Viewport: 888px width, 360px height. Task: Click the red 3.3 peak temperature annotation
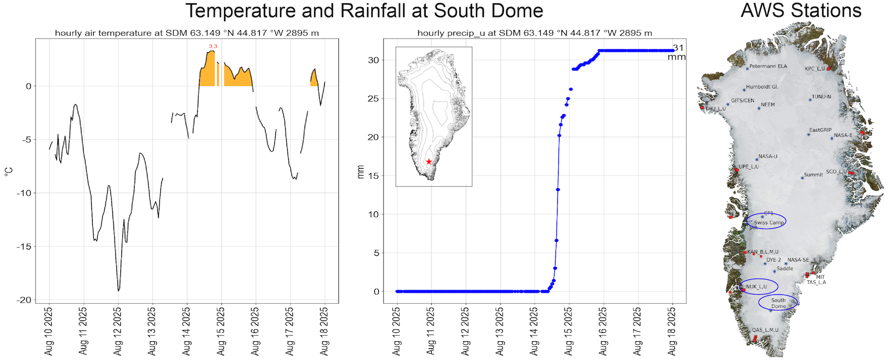(213, 46)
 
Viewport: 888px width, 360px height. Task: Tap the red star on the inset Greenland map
(429, 162)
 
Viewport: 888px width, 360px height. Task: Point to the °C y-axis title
(8, 172)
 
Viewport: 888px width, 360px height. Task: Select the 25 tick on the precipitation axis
(373, 99)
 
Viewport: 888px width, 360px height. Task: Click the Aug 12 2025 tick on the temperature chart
(118, 331)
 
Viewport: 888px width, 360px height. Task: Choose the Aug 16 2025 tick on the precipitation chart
(603, 331)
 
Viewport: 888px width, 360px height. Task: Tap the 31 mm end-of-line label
(677, 52)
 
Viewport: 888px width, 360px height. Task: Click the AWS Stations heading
(801, 11)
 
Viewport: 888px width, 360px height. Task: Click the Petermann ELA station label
(768, 66)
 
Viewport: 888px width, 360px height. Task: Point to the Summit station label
(814, 175)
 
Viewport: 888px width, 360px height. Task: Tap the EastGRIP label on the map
(820, 130)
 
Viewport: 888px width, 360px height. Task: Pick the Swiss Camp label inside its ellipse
(769, 222)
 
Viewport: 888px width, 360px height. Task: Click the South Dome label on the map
(778, 303)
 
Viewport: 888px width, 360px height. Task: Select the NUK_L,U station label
(756, 287)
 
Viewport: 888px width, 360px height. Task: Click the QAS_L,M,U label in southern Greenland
(765, 330)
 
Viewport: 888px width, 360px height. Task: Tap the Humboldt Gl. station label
(762, 87)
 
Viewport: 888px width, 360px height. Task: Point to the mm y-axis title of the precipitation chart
(361, 172)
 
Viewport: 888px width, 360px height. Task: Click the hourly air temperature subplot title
(186, 33)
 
